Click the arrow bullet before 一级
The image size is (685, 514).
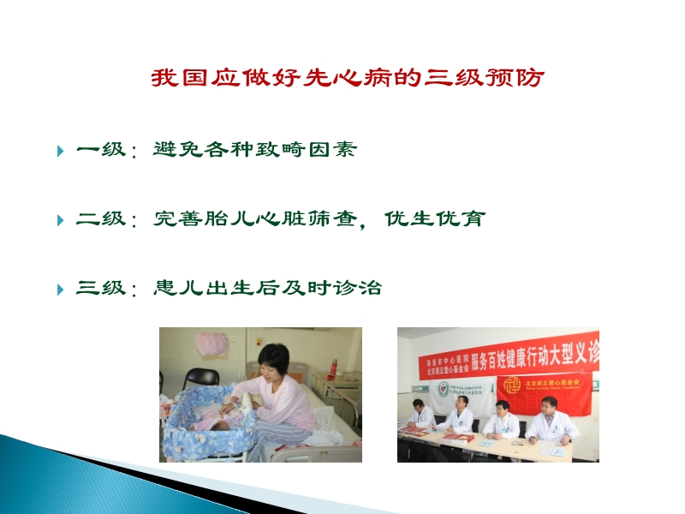click(60, 152)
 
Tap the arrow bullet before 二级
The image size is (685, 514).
click(60, 220)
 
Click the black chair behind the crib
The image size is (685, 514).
click(202, 377)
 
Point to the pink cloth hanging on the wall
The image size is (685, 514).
click(211, 344)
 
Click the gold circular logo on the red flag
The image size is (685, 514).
click(512, 384)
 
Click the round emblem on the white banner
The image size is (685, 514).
click(443, 388)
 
